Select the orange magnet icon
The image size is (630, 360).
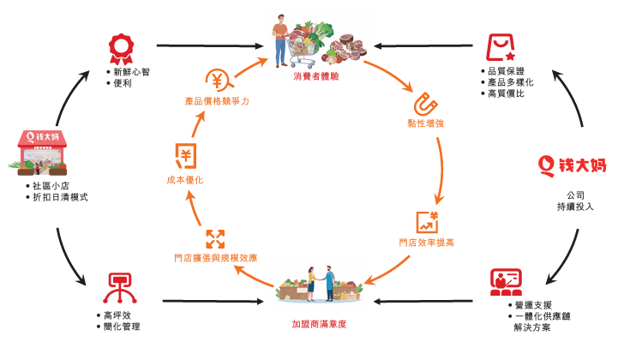[425, 104]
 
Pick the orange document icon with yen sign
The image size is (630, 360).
[185, 155]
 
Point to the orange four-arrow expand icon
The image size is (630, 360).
[214, 238]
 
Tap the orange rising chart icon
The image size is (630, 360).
[426, 221]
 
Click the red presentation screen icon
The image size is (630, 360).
[505, 280]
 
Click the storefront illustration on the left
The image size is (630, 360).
[41, 150]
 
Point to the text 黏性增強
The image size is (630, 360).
[425, 124]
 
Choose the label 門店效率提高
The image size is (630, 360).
[426, 243]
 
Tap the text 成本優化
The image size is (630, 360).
[185, 180]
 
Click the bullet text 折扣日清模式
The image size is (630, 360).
[59, 197]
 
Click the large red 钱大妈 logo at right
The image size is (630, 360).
[573, 164]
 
